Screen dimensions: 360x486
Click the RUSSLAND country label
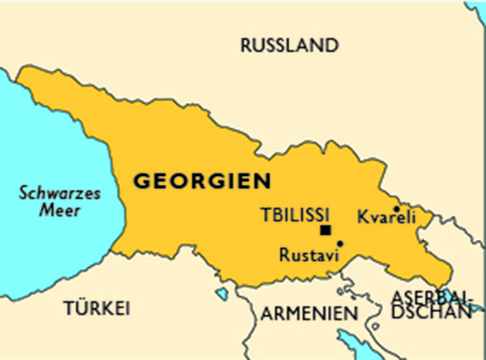tap(288, 45)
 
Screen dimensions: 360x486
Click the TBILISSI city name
tap(295, 215)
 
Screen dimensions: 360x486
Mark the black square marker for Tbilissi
tap(325, 230)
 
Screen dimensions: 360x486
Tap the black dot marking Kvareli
tap(396, 208)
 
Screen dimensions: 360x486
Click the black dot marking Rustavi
tap(340, 243)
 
